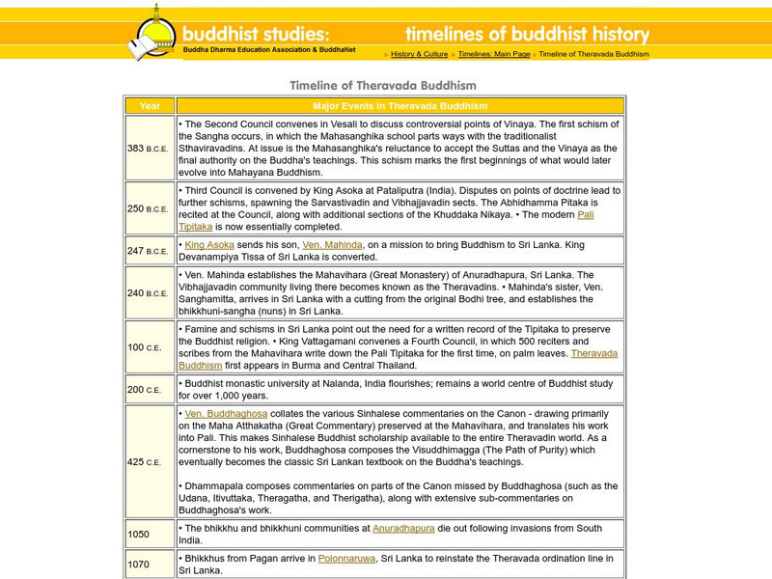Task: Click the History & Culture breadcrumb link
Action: pos(419,54)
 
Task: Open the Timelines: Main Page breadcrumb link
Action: pos(493,54)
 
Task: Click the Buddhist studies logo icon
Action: pos(152,33)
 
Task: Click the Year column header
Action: pos(150,106)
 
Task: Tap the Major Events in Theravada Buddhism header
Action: pos(400,106)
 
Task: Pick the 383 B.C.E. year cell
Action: pos(150,149)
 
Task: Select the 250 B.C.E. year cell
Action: pos(150,208)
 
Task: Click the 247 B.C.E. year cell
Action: pos(150,251)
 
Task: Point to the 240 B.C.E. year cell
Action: pos(150,293)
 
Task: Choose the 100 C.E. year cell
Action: pos(150,347)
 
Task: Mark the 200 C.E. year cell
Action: pos(150,390)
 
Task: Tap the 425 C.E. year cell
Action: pos(150,461)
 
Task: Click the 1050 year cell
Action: pos(150,534)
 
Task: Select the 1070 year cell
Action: pos(150,564)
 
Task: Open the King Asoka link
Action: pos(209,245)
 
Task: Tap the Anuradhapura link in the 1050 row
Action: pos(404,528)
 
